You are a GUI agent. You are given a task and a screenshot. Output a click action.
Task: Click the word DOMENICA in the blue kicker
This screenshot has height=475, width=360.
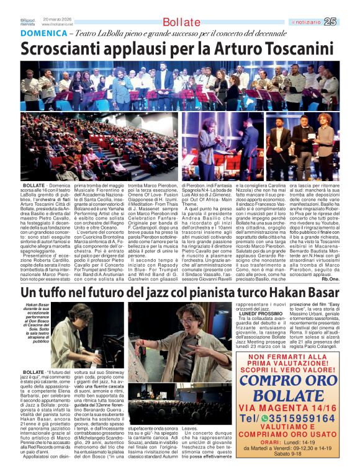pos(41,34)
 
